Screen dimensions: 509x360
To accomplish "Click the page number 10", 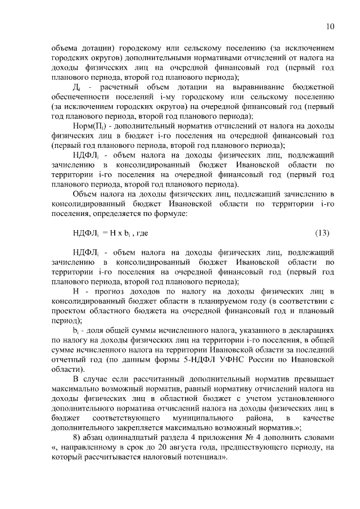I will click(x=330, y=26).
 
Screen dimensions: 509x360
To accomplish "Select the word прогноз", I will click(x=110, y=291).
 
